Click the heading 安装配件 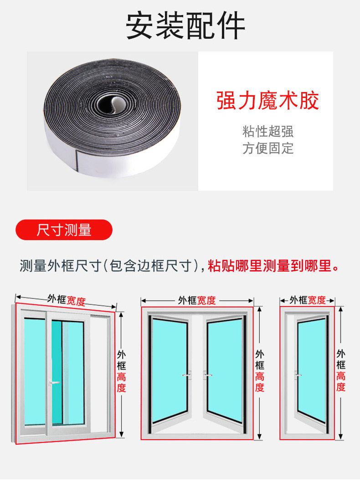pyautogui.click(x=185, y=26)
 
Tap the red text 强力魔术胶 pyautogui.click(x=267, y=101)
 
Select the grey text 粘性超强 pyautogui.click(x=267, y=131)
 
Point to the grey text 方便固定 pyautogui.click(x=267, y=148)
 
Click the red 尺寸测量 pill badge pyautogui.click(x=64, y=230)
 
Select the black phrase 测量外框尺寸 pyautogui.click(x=60, y=266)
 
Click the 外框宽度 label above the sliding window pyautogui.click(x=66, y=300)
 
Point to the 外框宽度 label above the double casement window pyautogui.click(x=197, y=300)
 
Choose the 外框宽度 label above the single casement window pyautogui.click(x=307, y=300)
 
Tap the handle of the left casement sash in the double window pyautogui.click(x=187, y=375)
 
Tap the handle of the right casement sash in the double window pyautogui.click(x=207, y=375)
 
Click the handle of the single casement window pyautogui.click(x=298, y=375)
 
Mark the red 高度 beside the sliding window pyautogui.click(x=121, y=382)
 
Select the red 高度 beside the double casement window pyautogui.click(x=260, y=382)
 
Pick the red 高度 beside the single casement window pyautogui.click(x=340, y=381)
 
